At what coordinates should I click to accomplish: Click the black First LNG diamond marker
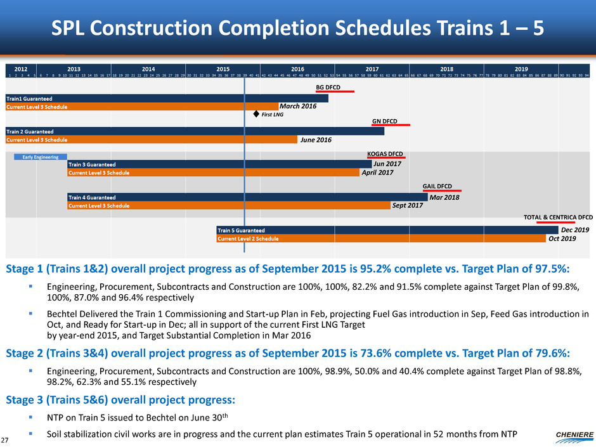tap(256, 115)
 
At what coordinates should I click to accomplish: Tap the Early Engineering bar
tap(41, 157)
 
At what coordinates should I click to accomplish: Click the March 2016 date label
tap(298, 106)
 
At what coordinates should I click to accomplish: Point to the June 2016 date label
tap(316, 139)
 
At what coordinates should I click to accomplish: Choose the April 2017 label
tap(377, 172)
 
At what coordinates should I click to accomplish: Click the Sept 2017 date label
tap(408, 205)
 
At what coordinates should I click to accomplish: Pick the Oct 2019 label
tap(562, 238)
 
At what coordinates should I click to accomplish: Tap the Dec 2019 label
tap(576, 230)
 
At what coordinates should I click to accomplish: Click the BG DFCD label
tap(328, 87)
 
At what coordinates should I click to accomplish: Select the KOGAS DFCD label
tap(385, 153)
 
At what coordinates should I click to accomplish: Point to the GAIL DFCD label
tap(437, 186)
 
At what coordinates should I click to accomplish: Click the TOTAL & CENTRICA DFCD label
tap(558, 217)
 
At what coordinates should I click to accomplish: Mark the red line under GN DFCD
tap(391, 125)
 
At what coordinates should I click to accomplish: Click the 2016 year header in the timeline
tap(297, 67)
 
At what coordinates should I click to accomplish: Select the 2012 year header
tap(20, 67)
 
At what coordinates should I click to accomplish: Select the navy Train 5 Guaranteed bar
tap(387, 230)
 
